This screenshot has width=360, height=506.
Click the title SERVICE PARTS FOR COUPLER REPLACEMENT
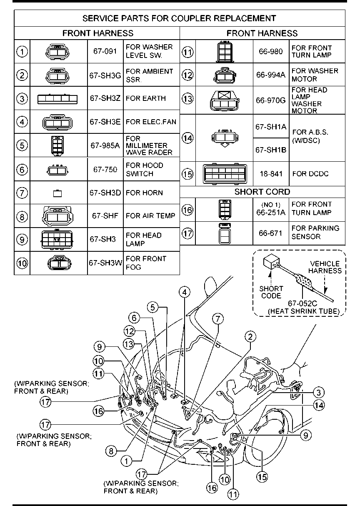pyautogui.click(x=179, y=18)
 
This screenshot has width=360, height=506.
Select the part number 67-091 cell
pyautogui.click(x=105, y=51)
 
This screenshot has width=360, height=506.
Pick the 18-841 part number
pyautogui.click(x=270, y=173)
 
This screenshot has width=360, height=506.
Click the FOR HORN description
pyautogui.click(x=144, y=193)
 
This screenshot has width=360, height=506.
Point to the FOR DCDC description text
pyautogui.click(x=310, y=173)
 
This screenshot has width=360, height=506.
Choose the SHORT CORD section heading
pyautogui.click(x=262, y=192)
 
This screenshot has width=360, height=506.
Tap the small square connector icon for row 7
pyautogui.click(x=57, y=193)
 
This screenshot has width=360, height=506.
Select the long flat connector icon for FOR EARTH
pyautogui.click(x=57, y=99)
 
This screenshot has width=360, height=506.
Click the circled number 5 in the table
pyautogui.click(x=22, y=145)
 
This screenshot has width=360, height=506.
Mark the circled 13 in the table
pyautogui.click(x=188, y=99)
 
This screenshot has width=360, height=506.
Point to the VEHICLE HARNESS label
pyautogui.click(x=325, y=267)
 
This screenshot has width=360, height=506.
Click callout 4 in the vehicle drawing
pyautogui.click(x=185, y=291)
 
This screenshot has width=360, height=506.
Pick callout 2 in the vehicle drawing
pyautogui.click(x=250, y=336)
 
